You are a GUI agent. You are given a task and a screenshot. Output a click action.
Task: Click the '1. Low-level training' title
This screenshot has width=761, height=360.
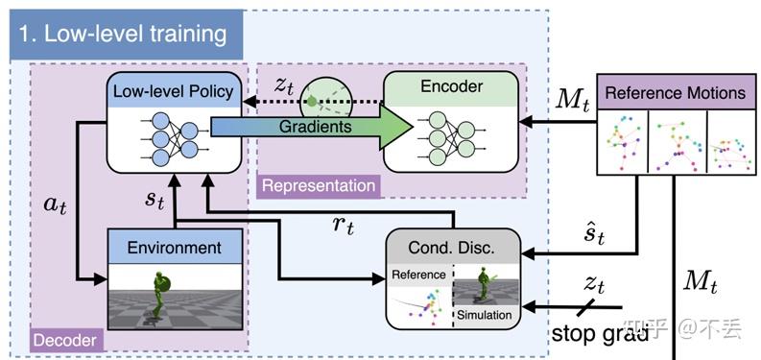pos(123,35)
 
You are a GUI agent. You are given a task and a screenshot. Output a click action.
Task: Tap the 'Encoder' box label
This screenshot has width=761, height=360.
pos(450,87)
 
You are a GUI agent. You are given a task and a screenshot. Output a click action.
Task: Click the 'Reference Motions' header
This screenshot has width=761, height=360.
pos(676,93)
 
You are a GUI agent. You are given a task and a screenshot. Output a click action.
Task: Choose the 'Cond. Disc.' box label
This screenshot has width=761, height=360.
pos(452,247)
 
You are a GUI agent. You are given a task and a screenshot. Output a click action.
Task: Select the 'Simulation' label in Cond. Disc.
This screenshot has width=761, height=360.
pos(486,314)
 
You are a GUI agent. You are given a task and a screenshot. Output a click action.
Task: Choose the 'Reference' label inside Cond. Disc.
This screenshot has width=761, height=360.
pos(419,275)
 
